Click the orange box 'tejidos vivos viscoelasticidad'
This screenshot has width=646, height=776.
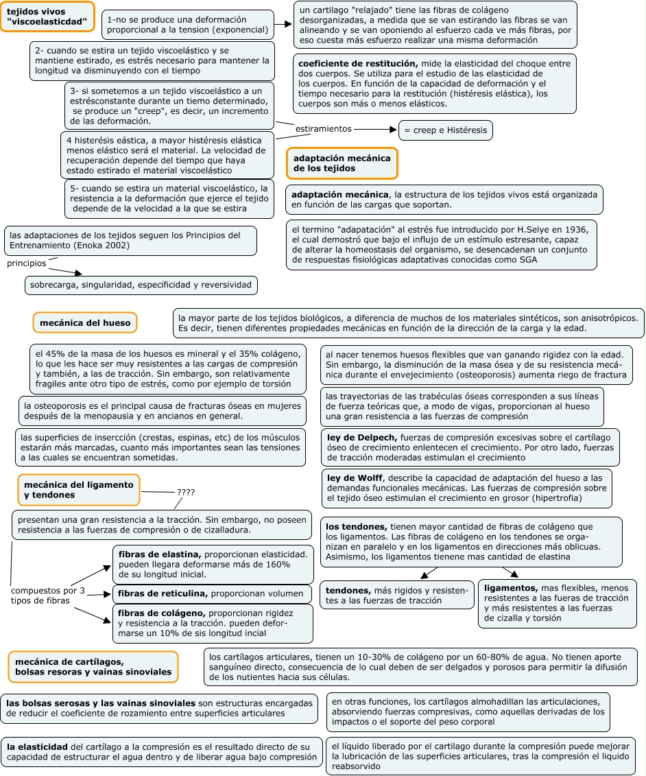point(47,16)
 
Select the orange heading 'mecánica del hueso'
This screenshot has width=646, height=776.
point(85,322)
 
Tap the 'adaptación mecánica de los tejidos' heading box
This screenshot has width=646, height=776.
point(342,163)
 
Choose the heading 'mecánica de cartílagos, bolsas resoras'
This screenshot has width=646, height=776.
point(93,666)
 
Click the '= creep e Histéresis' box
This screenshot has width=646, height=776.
point(445,130)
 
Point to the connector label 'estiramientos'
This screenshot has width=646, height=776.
point(323,128)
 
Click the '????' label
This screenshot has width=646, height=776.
point(186,492)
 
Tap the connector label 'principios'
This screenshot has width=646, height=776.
point(27,263)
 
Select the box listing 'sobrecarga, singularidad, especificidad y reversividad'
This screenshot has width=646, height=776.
point(141,285)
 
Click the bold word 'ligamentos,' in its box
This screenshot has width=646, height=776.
point(510,588)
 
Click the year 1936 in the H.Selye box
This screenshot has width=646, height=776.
point(579,229)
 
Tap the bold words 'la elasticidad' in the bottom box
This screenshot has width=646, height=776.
point(37,746)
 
